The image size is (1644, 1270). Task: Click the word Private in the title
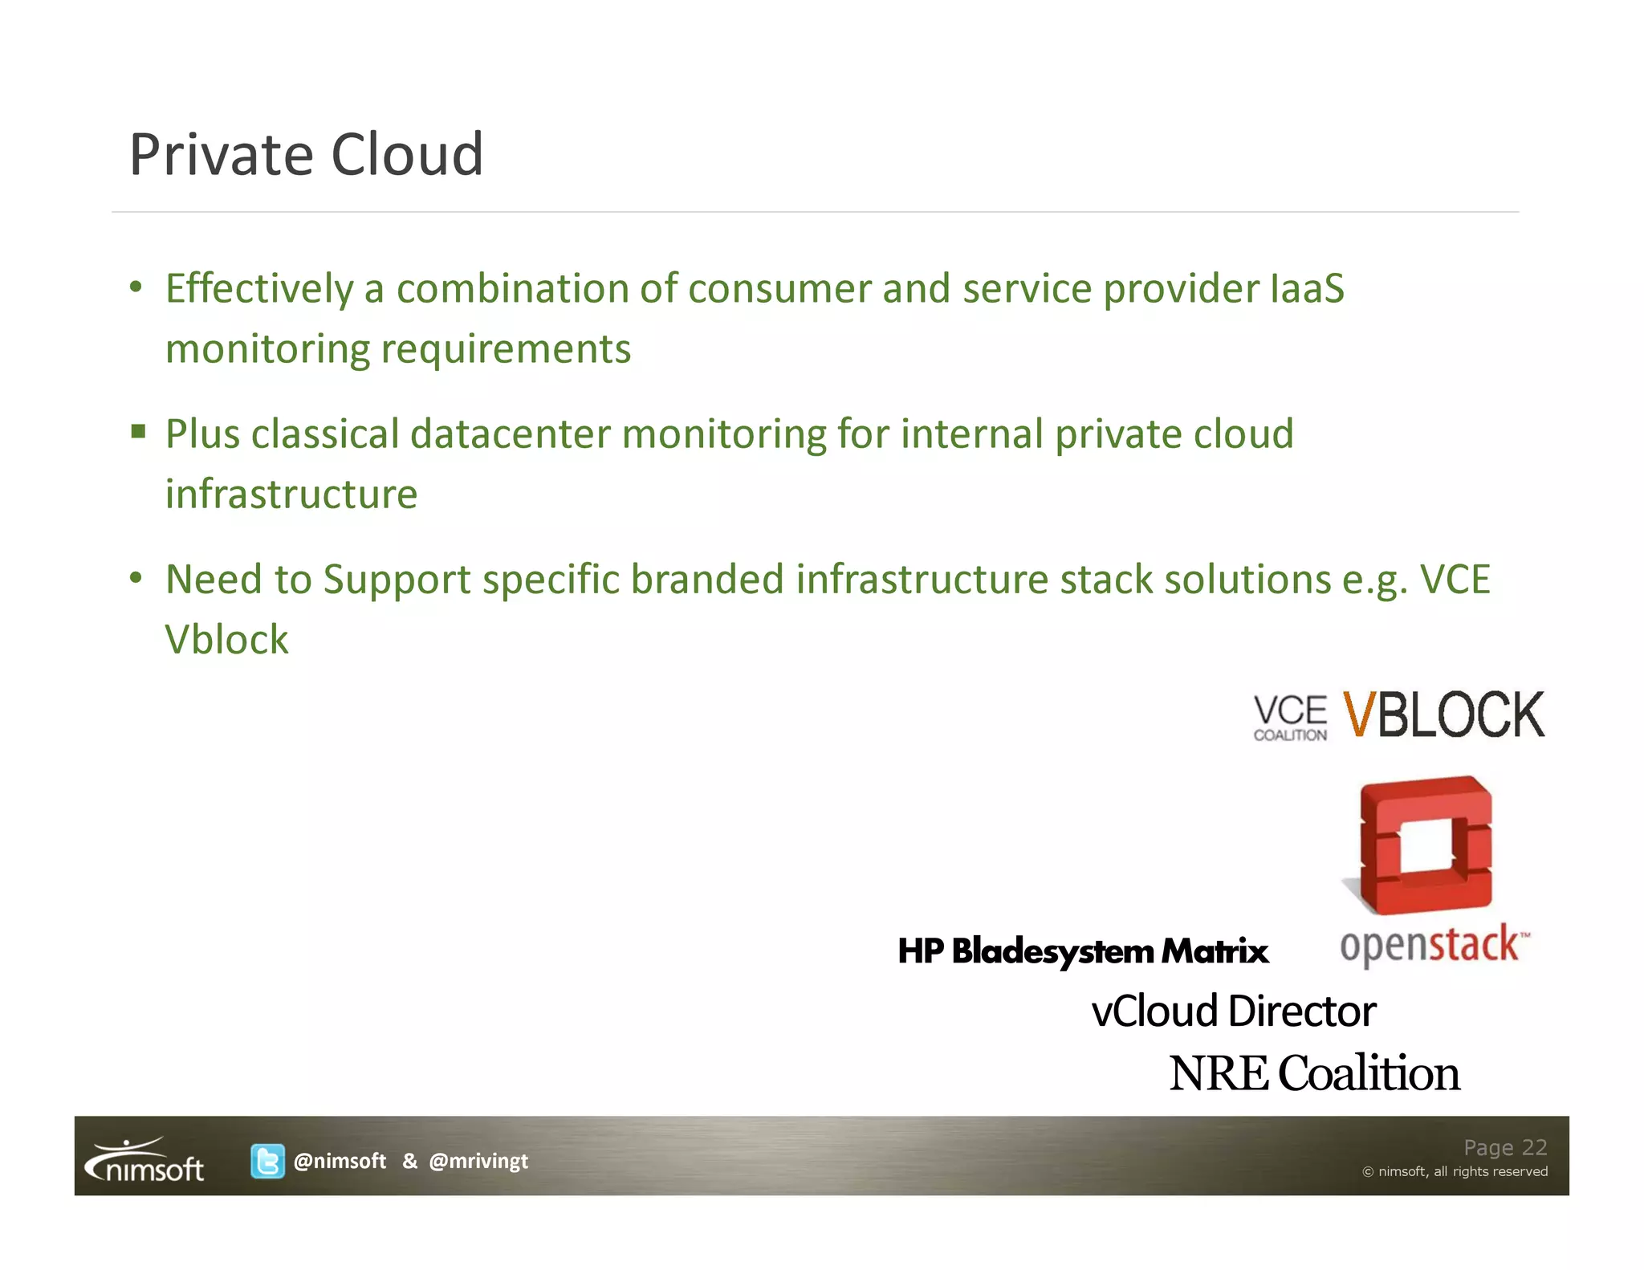point(221,154)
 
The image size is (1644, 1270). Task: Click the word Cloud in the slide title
point(407,154)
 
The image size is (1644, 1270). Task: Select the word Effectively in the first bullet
point(259,289)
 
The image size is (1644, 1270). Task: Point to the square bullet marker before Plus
point(139,433)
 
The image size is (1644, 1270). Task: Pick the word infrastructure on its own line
point(291,495)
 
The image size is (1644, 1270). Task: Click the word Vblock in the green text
point(226,640)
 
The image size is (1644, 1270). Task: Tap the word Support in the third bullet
point(397,580)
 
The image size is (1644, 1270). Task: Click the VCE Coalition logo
point(1290,717)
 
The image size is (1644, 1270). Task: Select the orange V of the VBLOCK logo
point(1359,714)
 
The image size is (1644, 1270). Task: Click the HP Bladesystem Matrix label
point(1082,951)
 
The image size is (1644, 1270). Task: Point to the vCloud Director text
point(1233,1012)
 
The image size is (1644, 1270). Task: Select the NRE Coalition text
point(1314,1073)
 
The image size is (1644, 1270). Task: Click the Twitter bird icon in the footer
point(267,1161)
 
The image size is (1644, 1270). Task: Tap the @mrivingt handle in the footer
point(478,1161)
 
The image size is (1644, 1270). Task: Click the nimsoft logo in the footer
point(145,1162)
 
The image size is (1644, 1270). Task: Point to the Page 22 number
point(1504,1147)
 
